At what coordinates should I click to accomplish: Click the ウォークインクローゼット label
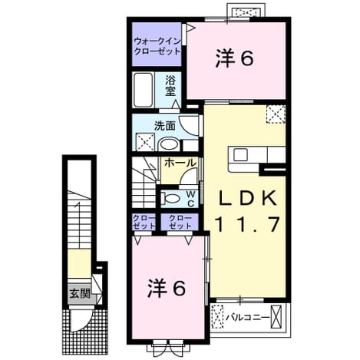click(x=157, y=46)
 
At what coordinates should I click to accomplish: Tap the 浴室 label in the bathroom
click(x=170, y=86)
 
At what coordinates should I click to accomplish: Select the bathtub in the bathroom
click(x=144, y=90)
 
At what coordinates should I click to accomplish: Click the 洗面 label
click(x=165, y=127)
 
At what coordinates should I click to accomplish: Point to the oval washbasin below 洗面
click(x=169, y=145)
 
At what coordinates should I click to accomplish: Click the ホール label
click(x=180, y=163)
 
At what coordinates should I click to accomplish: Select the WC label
click(x=191, y=199)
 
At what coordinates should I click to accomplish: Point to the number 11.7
click(x=247, y=224)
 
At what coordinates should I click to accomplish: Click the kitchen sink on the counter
click(x=240, y=154)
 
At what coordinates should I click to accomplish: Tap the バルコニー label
click(x=248, y=318)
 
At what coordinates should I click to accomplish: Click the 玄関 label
click(x=81, y=293)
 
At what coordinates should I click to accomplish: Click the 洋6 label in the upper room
click(x=235, y=58)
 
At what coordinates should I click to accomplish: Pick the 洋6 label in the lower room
click(x=167, y=288)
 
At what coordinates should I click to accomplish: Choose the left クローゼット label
click(x=144, y=222)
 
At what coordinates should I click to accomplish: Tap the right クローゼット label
click(x=180, y=222)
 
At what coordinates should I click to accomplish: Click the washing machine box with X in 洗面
click(x=145, y=142)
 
